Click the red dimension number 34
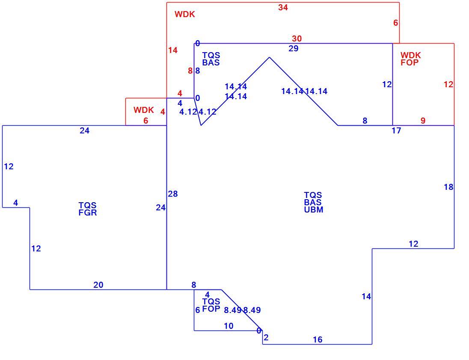click(x=283, y=7)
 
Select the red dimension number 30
click(x=297, y=38)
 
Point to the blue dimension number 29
click(x=294, y=48)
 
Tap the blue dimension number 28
click(x=173, y=194)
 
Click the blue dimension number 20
click(x=98, y=285)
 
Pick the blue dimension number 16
click(x=318, y=339)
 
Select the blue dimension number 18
click(x=448, y=187)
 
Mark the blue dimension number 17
click(x=396, y=130)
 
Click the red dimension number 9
click(x=423, y=121)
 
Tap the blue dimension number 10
click(x=229, y=326)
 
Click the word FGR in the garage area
click(x=88, y=213)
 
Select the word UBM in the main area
click(x=314, y=210)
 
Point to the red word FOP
click(x=410, y=63)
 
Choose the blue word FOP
click(x=211, y=309)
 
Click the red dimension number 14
click(x=172, y=50)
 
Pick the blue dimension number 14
click(x=366, y=296)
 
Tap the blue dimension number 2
click(x=266, y=338)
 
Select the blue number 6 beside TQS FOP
click(x=197, y=310)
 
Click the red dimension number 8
click(x=190, y=71)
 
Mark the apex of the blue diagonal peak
click(x=269, y=57)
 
